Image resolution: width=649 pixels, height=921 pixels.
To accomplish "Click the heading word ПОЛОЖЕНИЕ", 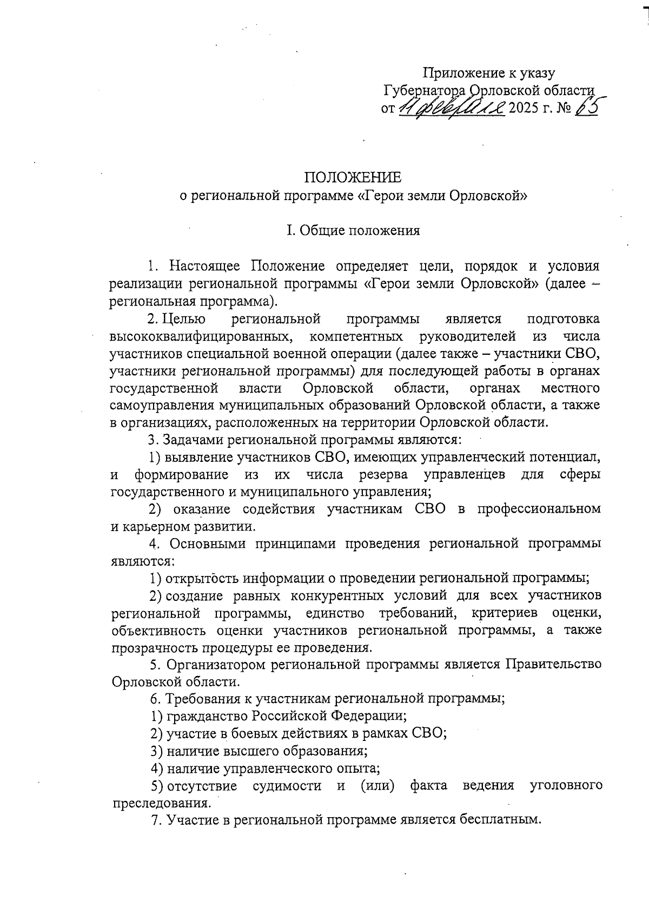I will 353,177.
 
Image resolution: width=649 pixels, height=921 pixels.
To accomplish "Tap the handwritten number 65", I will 586,108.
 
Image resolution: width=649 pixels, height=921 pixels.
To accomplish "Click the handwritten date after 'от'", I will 452,108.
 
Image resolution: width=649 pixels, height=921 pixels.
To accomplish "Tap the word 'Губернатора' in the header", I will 425,90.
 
